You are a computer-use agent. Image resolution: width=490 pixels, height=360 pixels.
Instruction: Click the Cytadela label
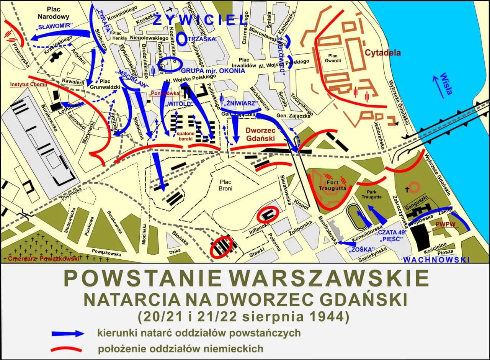(382, 52)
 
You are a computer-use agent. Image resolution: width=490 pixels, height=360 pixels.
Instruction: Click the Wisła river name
(446, 83)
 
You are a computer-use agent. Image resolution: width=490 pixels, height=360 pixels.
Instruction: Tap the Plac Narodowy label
(53, 13)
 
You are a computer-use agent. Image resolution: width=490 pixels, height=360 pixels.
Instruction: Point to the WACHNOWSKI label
(436, 260)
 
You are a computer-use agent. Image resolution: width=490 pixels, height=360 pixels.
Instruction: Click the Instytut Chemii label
(28, 85)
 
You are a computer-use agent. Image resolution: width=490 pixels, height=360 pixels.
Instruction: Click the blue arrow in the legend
(68, 333)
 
